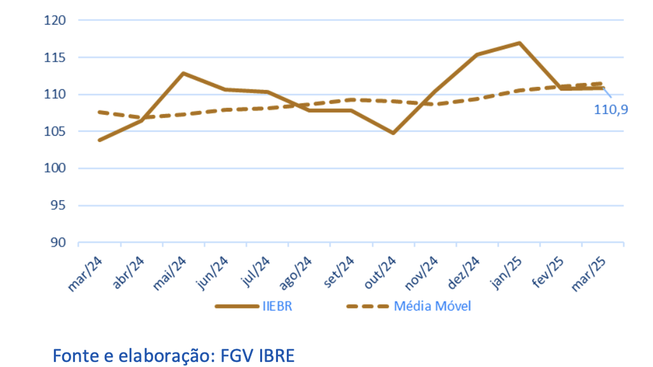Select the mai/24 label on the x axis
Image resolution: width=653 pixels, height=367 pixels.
coord(169,273)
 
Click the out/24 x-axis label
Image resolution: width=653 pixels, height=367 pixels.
coord(380,273)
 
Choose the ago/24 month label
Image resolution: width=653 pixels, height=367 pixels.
coord(295,273)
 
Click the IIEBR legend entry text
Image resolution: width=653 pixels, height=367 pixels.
coord(278,306)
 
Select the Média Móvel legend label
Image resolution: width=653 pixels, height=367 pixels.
coord(432,306)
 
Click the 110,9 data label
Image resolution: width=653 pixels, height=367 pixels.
coord(611,109)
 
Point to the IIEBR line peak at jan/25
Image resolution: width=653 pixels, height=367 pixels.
coord(519,43)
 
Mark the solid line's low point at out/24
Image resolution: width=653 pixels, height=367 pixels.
coord(393,133)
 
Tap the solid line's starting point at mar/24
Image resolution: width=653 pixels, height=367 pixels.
coord(99,140)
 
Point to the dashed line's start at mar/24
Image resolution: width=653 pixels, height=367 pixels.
coord(99,112)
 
